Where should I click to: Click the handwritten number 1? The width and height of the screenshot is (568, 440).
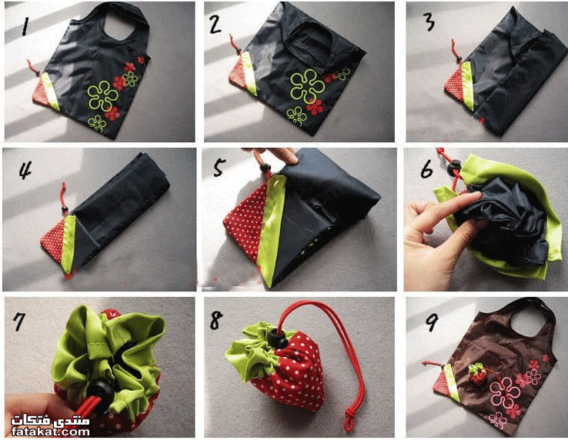click(25, 26)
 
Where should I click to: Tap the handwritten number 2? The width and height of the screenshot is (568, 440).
click(216, 25)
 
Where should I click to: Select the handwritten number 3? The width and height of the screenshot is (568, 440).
click(429, 22)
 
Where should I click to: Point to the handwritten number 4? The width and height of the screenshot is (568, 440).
click(25, 169)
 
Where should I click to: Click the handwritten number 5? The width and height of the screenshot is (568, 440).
click(219, 168)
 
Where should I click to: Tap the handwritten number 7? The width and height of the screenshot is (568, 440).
click(19, 322)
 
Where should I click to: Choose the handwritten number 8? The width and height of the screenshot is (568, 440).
click(216, 320)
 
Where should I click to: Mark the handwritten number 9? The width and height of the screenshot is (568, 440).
click(432, 322)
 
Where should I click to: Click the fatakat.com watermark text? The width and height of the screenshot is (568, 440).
click(50, 432)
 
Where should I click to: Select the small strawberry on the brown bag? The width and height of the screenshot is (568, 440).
click(478, 375)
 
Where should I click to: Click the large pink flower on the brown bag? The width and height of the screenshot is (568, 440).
click(505, 392)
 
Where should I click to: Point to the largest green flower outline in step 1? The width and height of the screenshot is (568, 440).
click(102, 95)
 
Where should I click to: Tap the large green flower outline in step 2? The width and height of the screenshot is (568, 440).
click(307, 86)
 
